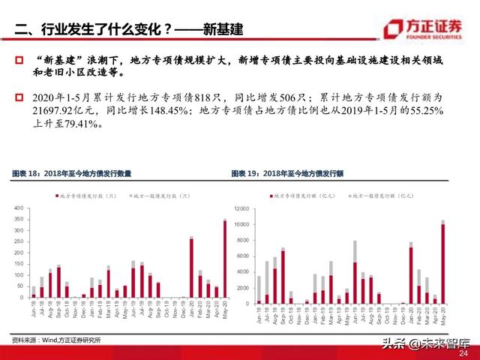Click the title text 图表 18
coord(27,173)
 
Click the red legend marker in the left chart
coord(57,195)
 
